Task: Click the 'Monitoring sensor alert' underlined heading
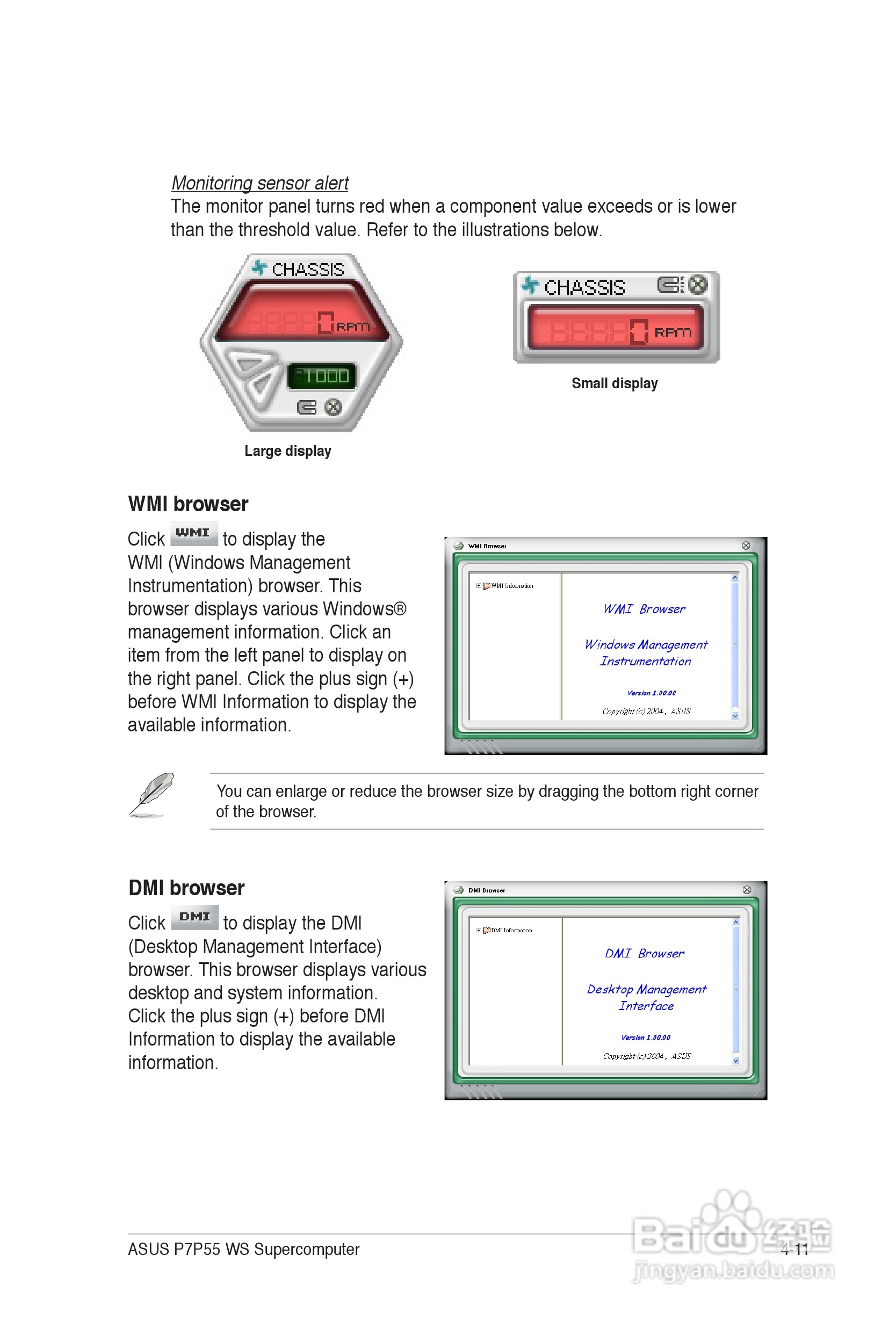point(259,183)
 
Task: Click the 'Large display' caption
point(287,451)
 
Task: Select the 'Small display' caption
point(614,383)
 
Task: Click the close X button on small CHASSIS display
point(698,285)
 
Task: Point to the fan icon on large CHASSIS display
point(259,267)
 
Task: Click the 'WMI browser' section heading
point(187,504)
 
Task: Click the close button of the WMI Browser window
point(746,546)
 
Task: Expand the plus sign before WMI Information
point(479,586)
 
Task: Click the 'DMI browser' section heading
point(186,888)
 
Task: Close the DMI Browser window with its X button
point(747,890)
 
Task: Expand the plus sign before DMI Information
point(479,930)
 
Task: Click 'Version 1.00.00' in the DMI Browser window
point(645,1037)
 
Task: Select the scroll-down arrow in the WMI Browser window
point(735,716)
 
